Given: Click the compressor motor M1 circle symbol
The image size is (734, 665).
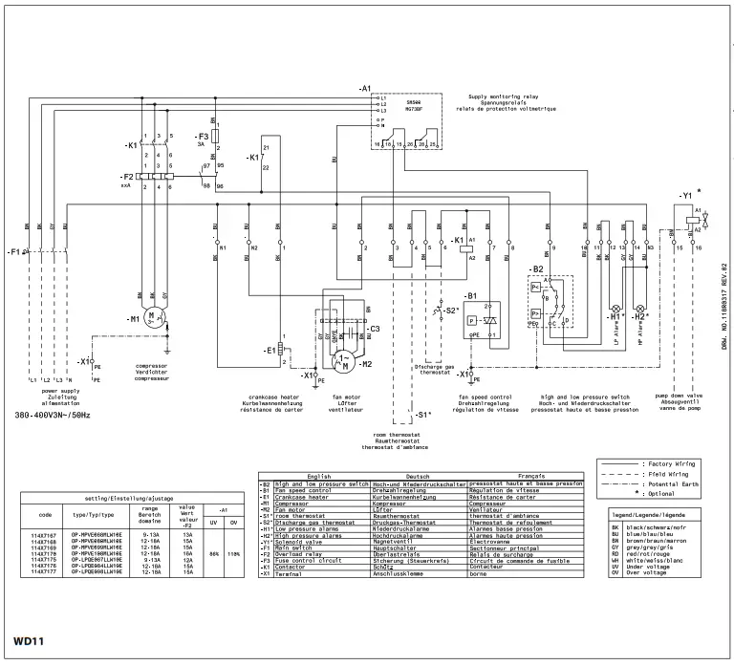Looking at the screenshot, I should click(x=154, y=317).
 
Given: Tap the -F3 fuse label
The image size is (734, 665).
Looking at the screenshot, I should click(x=202, y=138).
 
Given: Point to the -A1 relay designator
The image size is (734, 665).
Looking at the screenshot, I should click(x=364, y=88).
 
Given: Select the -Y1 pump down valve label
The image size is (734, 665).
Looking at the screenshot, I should click(x=685, y=195).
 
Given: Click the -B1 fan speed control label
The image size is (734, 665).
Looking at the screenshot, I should click(x=470, y=297).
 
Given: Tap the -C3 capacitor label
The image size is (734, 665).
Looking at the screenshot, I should click(x=374, y=329).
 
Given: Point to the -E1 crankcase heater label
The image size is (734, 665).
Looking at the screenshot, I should click(x=270, y=350).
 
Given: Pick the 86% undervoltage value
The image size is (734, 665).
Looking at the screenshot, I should click(x=217, y=552).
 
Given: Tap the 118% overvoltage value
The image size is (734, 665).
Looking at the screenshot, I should click(x=232, y=552).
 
